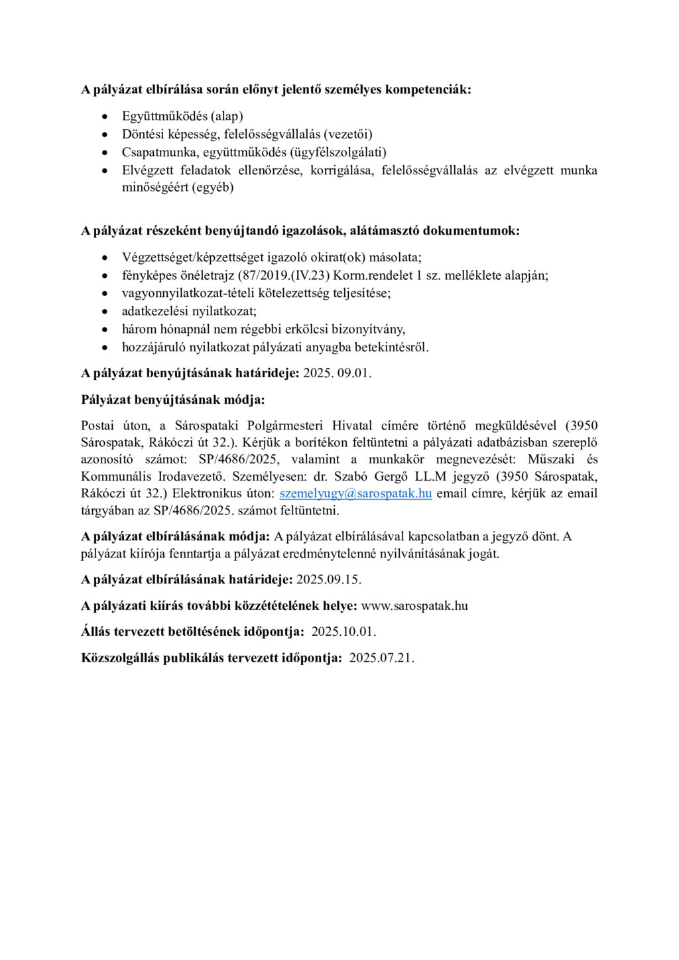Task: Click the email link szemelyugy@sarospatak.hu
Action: [x=355, y=493]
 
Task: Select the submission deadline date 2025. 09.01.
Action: [x=337, y=373]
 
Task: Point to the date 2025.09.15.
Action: [x=328, y=579]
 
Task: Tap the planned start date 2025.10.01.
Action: [x=343, y=632]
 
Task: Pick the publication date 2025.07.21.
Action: [x=381, y=658]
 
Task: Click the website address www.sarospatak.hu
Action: [x=414, y=606]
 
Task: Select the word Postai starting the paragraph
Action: [x=97, y=425]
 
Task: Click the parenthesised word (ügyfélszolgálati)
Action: [x=338, y=152]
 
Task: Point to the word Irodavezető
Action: [x=193, y=476]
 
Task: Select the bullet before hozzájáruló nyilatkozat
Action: [x=104, y=347]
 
